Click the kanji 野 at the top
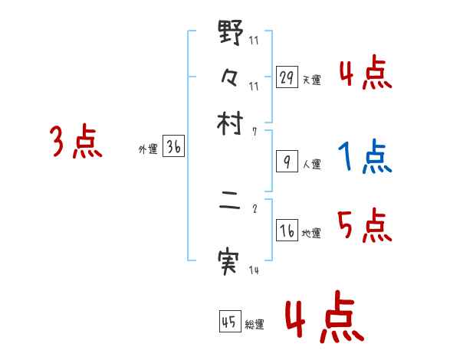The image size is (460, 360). click(x=231, y=35)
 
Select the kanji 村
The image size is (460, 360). click(x=231, y=124)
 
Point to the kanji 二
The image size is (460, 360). click(x=231, y=207)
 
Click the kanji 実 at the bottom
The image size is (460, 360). click(x=231, y=263)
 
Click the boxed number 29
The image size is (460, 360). click(x=287, y=77)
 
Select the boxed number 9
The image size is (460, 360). click(x=287, y=162)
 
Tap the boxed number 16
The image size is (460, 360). click(x=287, y=231)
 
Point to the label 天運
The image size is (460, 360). click(x=311, y=80)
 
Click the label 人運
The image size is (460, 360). click(x=311, y=164)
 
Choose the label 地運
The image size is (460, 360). click(x=311, y=234)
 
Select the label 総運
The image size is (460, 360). click(x=255, y=325)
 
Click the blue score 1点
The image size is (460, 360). click(x=365, y=157)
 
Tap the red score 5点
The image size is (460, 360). click(x=365, y=226)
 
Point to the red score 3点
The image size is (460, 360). click(x=76, y=142)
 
